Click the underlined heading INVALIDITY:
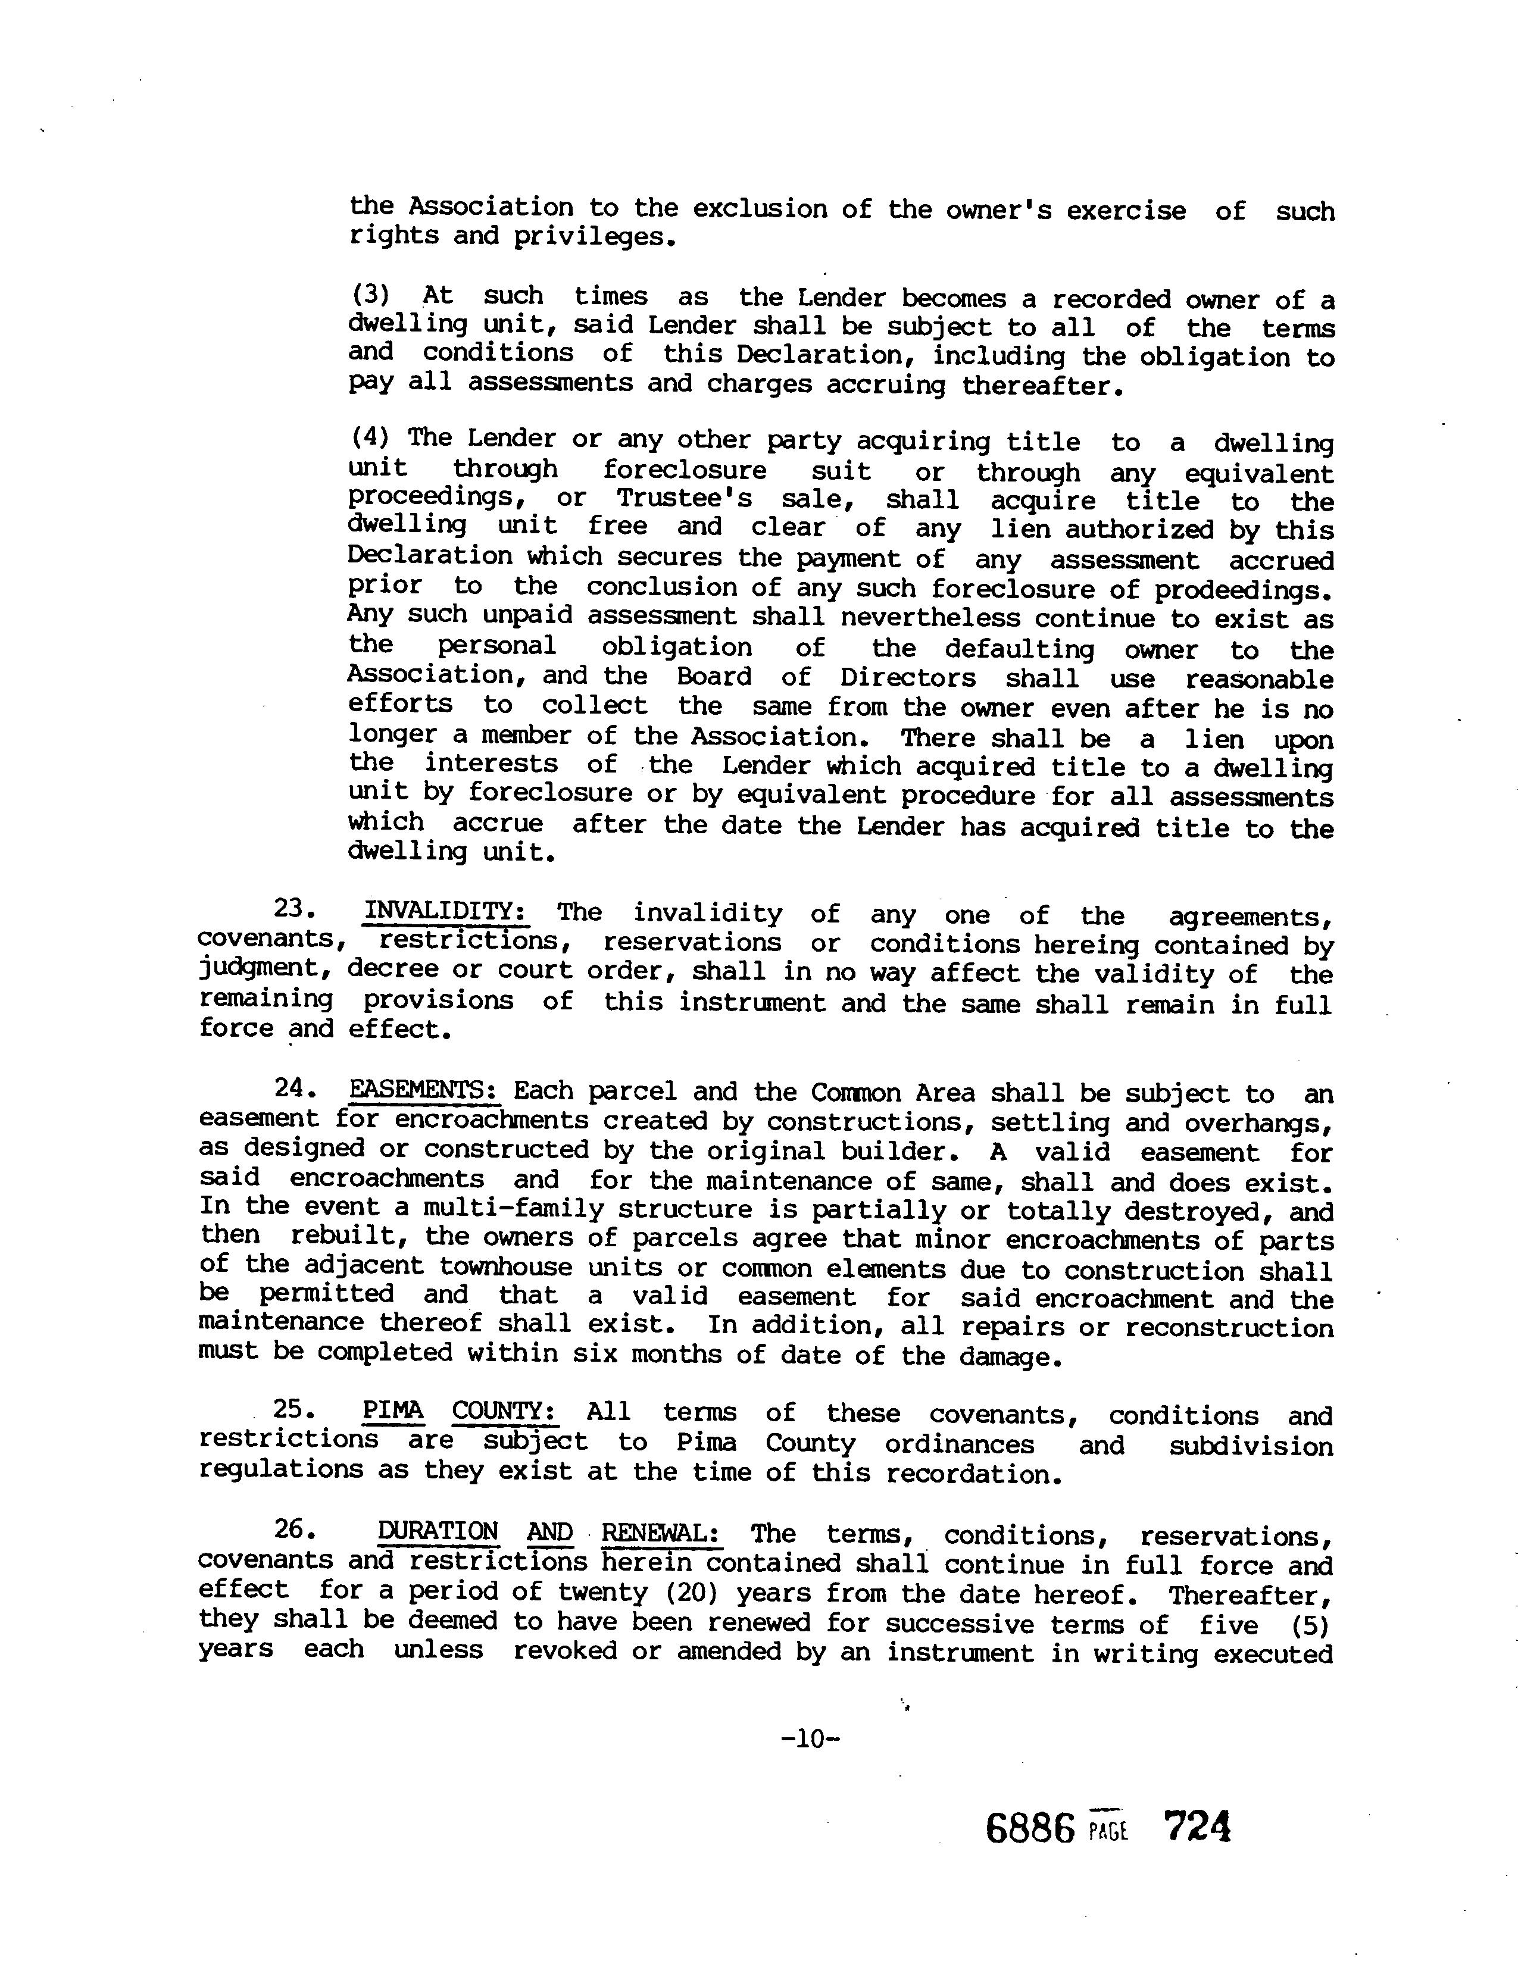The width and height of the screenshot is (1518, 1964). click(x=445, y=911)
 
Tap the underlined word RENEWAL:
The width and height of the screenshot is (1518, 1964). click(x=662, y=1531)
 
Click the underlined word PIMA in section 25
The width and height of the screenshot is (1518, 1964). click(x=393, y=1411)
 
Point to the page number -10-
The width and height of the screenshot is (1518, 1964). click(x=810, y=1738)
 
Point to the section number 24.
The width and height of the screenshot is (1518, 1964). click(x=292, y=1087)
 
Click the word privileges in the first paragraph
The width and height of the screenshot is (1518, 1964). click(x=594, y=236)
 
